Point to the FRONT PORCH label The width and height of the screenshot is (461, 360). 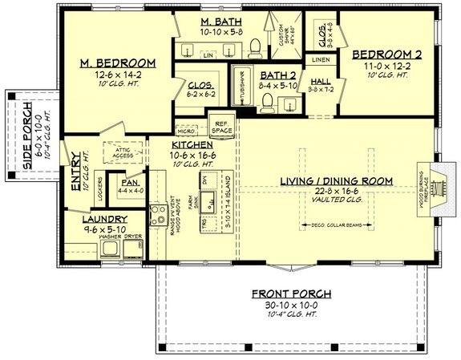(283, 293)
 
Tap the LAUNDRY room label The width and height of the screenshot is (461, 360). (104, 218)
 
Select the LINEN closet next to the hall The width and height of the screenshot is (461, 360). (318, 60)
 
